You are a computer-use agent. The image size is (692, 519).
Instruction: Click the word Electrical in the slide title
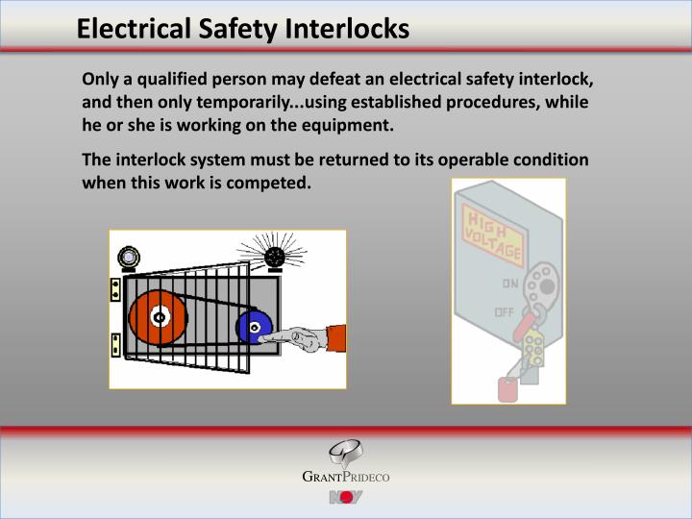pyautogui.click(x=126, y=29)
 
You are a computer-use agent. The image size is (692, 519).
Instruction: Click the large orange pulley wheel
pyautogui.click(x=160, y=318)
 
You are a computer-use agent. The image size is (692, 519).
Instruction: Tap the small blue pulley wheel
pyautogui.click(x=255, y=328)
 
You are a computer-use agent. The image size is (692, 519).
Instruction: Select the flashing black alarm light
pyautogui.click(x=276, y=258)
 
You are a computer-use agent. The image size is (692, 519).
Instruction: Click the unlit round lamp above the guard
pyautogui.click(x=129, y=258)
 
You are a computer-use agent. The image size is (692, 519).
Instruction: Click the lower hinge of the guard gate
pyautogui.click(x=115, y=344)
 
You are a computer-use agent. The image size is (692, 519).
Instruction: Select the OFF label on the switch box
pyautogui.click(x=504, y=312)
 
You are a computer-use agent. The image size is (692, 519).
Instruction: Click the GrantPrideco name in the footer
pyautogui.click(x=346, y=477)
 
